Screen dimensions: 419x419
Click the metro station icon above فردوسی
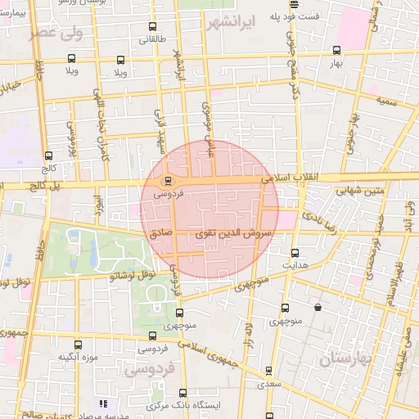pos(168,182)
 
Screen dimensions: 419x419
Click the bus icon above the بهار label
pos(336,49)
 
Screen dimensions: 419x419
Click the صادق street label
pos(161,233)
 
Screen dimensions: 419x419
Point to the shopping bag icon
pos(318,308)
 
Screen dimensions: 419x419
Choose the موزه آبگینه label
pos(78,358)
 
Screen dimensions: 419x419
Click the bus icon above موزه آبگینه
pos(78,345)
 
